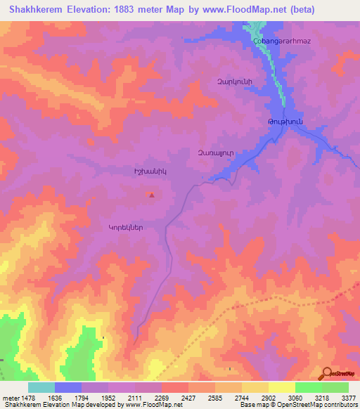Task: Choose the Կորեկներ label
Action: pos(126,227)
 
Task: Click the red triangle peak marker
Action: pos(153,195)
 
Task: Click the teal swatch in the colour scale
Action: pos(41,387)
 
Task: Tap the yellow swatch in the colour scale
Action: pos(281,387)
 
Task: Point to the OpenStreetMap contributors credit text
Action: pos(316,405)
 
